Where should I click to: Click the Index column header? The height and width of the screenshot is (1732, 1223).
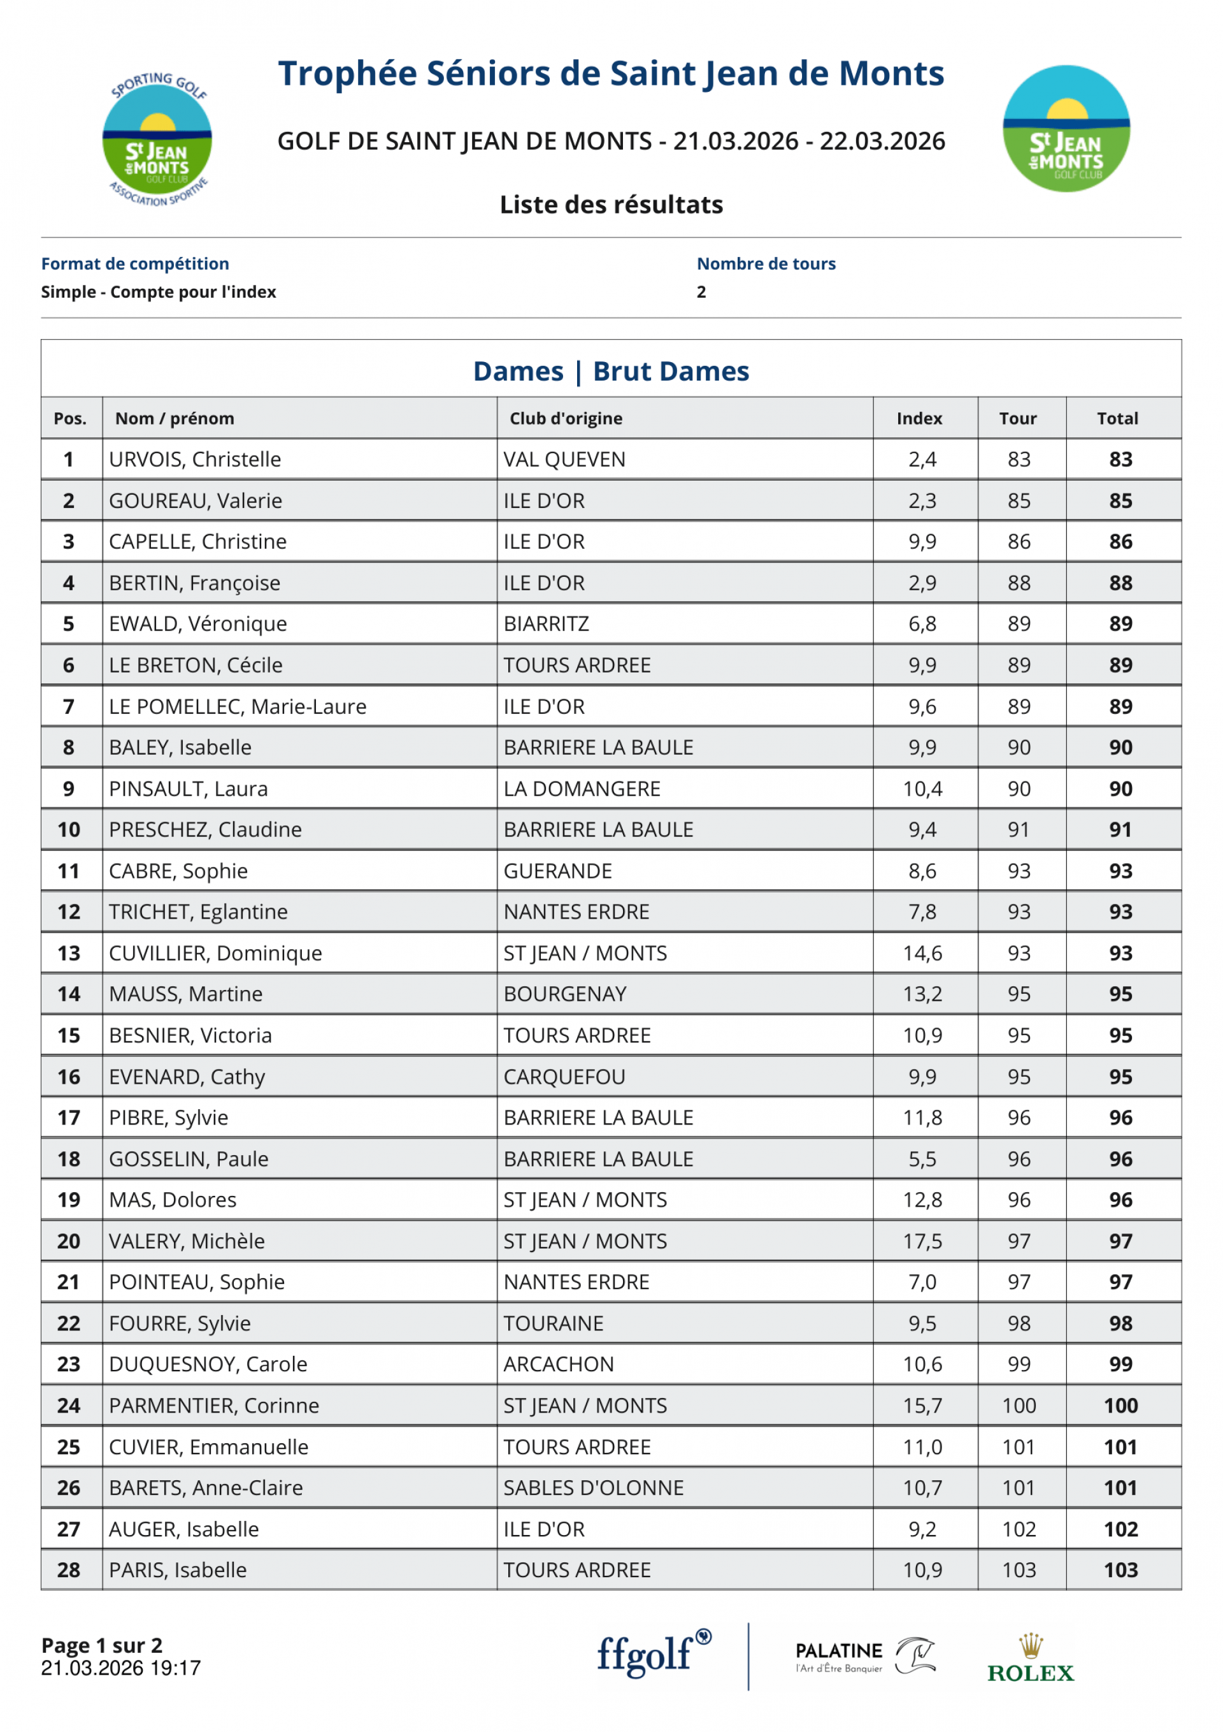point(919,419)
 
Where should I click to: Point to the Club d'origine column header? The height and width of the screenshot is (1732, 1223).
point(566,419)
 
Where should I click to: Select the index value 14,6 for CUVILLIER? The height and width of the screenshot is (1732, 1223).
point(922,954)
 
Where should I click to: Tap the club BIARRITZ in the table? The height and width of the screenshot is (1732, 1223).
point(546,624)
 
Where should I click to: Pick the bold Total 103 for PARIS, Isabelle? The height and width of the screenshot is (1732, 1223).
point(1120,1570)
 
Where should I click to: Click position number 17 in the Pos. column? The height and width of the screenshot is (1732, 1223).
point(69,1118)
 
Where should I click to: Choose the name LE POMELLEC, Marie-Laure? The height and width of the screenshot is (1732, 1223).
point(238,707)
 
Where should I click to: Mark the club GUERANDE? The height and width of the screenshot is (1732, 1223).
point(557,871)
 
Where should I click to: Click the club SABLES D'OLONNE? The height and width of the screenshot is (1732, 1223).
point(594,1488)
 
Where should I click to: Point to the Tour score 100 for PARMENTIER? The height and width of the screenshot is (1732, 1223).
point(1019,1406)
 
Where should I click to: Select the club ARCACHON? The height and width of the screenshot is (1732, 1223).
point(559,1364)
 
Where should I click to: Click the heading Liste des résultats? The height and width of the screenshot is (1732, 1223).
point(611,205)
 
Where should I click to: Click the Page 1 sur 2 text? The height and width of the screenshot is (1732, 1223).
point(102,1645)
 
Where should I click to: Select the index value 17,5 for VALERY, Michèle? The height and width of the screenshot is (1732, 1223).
point(922,1241)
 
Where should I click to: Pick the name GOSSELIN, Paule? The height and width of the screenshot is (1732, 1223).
point(189,1159)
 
